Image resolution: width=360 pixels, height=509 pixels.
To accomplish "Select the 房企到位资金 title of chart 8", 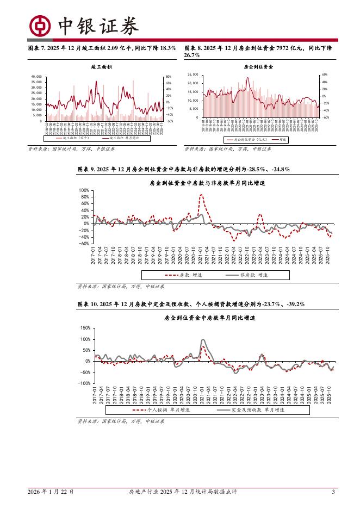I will pos(258,66).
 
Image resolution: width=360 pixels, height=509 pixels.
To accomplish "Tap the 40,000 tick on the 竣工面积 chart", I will pos(36,77).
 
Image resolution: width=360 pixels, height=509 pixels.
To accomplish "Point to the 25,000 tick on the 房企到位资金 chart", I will pos(194,75).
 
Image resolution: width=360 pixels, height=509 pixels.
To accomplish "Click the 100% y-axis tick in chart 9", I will pos(84,191).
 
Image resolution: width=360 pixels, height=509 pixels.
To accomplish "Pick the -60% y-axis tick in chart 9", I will pos(84,244).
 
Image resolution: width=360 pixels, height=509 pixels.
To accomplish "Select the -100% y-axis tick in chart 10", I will pos(83,383).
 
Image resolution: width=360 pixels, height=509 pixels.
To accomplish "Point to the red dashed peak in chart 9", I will pos(201,195).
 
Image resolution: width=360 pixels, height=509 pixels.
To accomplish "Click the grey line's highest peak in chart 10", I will pos(203,340).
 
